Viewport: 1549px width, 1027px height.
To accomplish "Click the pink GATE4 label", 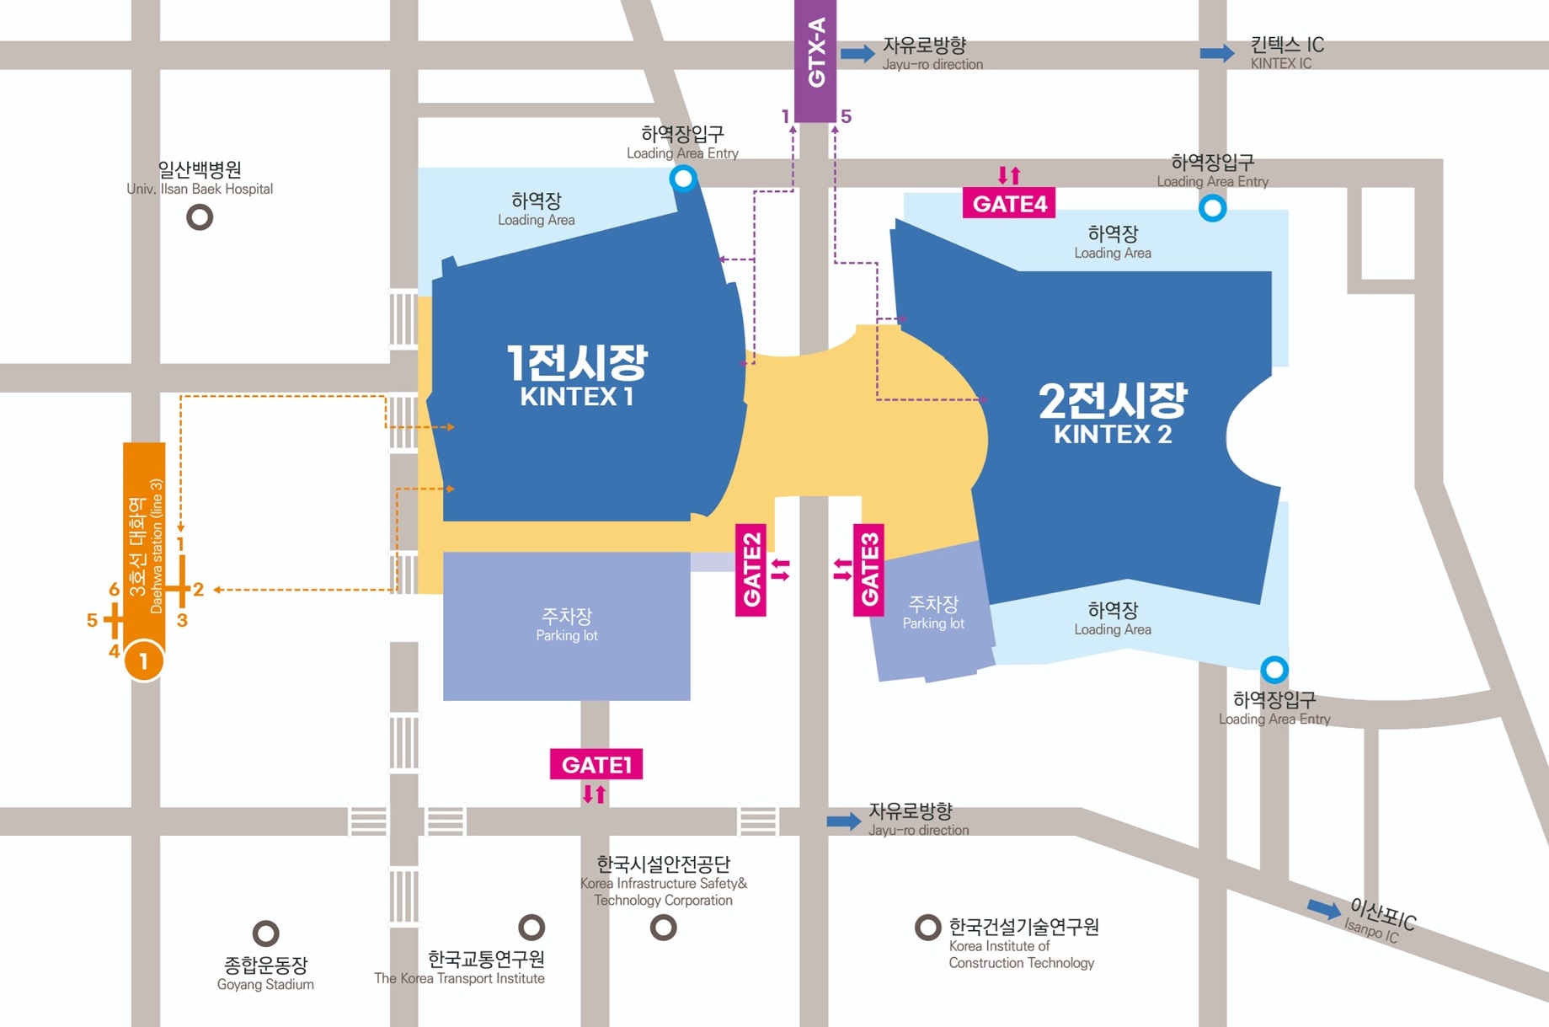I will [1009, 204].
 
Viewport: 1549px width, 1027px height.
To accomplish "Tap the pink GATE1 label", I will [596, 764].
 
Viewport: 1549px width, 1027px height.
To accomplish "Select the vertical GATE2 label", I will [750, 570].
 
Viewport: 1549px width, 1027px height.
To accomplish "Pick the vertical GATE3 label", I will [868, 570].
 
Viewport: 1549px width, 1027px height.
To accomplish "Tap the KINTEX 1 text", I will [576, 397].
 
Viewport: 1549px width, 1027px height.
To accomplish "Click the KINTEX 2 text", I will [1112, 435].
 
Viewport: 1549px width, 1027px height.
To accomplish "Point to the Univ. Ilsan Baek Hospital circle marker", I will [200, 217].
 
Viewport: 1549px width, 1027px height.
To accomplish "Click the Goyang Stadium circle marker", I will [265, 933].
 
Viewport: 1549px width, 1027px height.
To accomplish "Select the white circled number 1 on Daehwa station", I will [144, 661].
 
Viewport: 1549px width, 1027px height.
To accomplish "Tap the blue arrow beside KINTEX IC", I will [1216, 53].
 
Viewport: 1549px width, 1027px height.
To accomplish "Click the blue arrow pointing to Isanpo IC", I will [1323, 908].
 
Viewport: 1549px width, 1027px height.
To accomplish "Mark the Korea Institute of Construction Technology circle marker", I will [927, 928].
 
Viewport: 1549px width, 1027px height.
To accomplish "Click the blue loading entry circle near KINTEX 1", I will [682, 178].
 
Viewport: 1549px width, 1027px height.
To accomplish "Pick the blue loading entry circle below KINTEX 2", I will [1274, 670].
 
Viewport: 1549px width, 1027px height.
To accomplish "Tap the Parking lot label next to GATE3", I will [932, 612].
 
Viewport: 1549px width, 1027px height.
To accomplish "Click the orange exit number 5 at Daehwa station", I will [92, 620].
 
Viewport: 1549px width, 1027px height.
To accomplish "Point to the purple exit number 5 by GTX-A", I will [846, 116].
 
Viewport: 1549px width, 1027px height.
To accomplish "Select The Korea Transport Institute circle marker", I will [531, 928].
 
